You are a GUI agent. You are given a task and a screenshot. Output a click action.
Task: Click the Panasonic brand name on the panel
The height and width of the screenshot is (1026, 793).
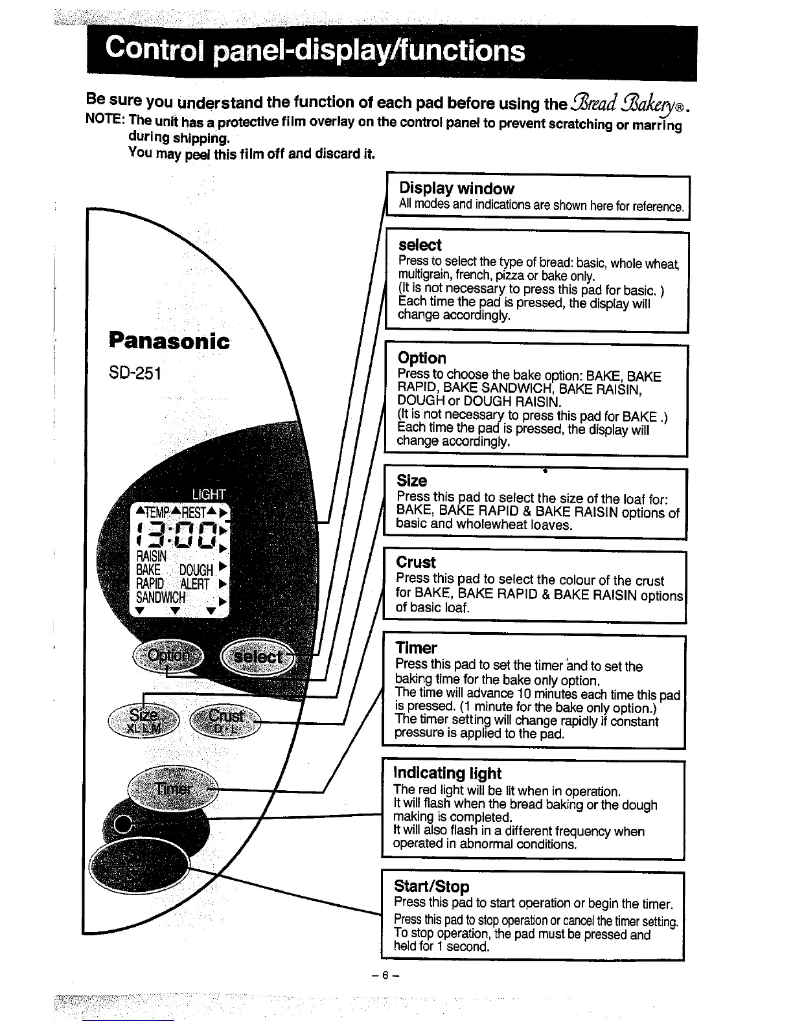169,341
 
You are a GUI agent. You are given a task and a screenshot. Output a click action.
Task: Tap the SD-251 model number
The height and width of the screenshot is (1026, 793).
135,373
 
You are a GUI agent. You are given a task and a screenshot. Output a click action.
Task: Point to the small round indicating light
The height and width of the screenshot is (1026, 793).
122,824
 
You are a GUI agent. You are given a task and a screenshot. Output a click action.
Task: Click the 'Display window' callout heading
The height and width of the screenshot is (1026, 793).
456,188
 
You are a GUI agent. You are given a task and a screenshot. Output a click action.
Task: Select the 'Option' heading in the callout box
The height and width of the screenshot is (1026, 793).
422,358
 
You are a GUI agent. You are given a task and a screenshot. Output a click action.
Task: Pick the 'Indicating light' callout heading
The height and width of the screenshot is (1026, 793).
447,773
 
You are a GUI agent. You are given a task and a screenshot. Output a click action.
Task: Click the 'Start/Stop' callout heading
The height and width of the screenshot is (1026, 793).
431,886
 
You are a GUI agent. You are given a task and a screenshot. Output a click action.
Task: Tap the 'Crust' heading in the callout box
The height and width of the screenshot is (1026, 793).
415,562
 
